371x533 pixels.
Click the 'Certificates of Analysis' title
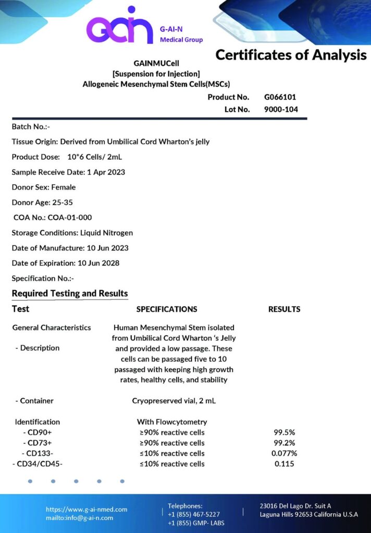tap(291, 55)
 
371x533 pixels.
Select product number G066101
tap(280, 97)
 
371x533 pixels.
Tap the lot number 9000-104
tap(281, 109)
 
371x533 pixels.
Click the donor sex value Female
tap(63, 187)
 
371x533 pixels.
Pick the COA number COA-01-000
tap(69, 218)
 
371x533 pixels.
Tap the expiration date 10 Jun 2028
tap(98, 263)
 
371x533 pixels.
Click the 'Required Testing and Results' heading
tap(70, 294)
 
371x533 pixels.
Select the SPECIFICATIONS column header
tap(167, 309)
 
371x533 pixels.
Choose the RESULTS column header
tap(284, 309)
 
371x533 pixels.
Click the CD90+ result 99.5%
tap(284, 433)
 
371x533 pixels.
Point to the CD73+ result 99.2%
tap(284, 443)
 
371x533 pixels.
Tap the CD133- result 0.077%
tap(284, 453)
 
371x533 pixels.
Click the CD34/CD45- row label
tap(37, 464)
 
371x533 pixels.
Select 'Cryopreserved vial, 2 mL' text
tap(174, 401)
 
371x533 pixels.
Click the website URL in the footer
tap(86, 510)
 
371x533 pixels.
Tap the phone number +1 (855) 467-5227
tap(193, 514)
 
